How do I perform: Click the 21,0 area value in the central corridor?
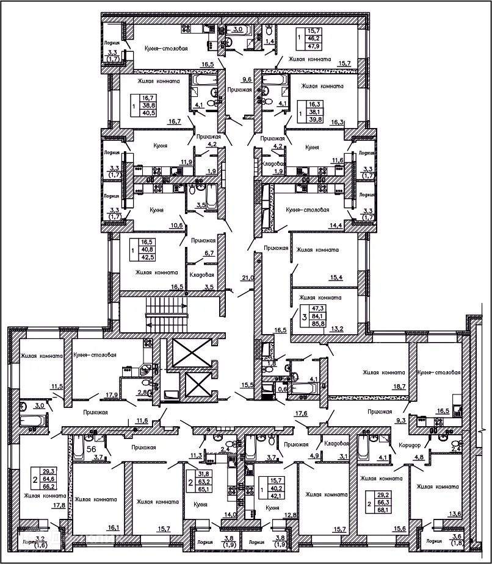pyautogui.click(x=248, y=278)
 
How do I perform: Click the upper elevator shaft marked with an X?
pyautogui.click(x=191, y=352)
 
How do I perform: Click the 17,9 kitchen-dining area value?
pyautogui.click(x=112, y=394)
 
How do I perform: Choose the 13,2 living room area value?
pyautogui.click(x=338, y=330)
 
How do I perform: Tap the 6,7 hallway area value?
pyautogui.click(x=209, y=253)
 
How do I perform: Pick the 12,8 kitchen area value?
pyautogui.click(x=291, y=515)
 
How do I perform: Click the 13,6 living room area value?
pyautogui.click(x=454, y=514)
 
